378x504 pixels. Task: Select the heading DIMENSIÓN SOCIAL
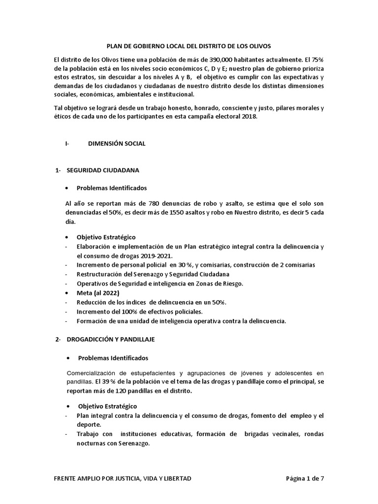pos(117,144)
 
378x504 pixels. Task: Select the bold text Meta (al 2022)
pos(98,293)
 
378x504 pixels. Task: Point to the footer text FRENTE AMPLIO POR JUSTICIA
pos(122,478)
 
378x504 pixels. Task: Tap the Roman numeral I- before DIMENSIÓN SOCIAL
pos(67,144)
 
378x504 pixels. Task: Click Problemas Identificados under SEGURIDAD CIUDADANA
pos(112,188)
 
